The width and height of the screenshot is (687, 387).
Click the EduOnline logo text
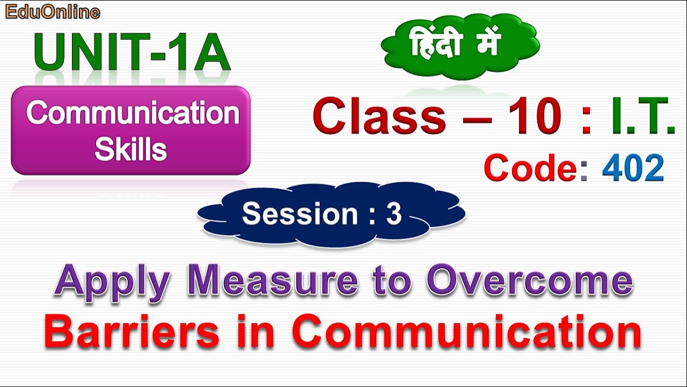click(52, 11)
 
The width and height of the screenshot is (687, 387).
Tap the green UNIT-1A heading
click(132, 52)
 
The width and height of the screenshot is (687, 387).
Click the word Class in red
click(379, 116)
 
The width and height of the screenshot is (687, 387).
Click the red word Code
click(530, 168)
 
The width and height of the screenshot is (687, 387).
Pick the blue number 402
click(633, 168)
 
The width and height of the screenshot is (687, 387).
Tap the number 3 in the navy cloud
click(393, 214)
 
